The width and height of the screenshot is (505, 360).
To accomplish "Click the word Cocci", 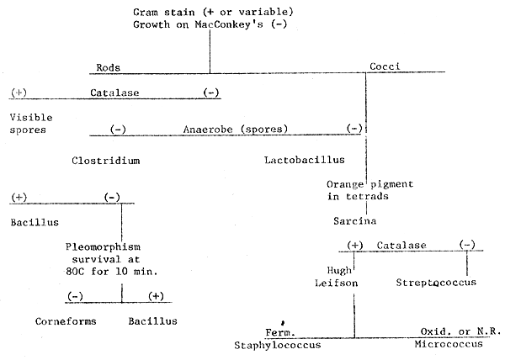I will click(x=385, y=66).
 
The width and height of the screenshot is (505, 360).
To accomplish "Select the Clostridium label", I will click(x=104, y=158).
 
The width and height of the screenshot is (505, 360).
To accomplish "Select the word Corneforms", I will click(x=66, y=320).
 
